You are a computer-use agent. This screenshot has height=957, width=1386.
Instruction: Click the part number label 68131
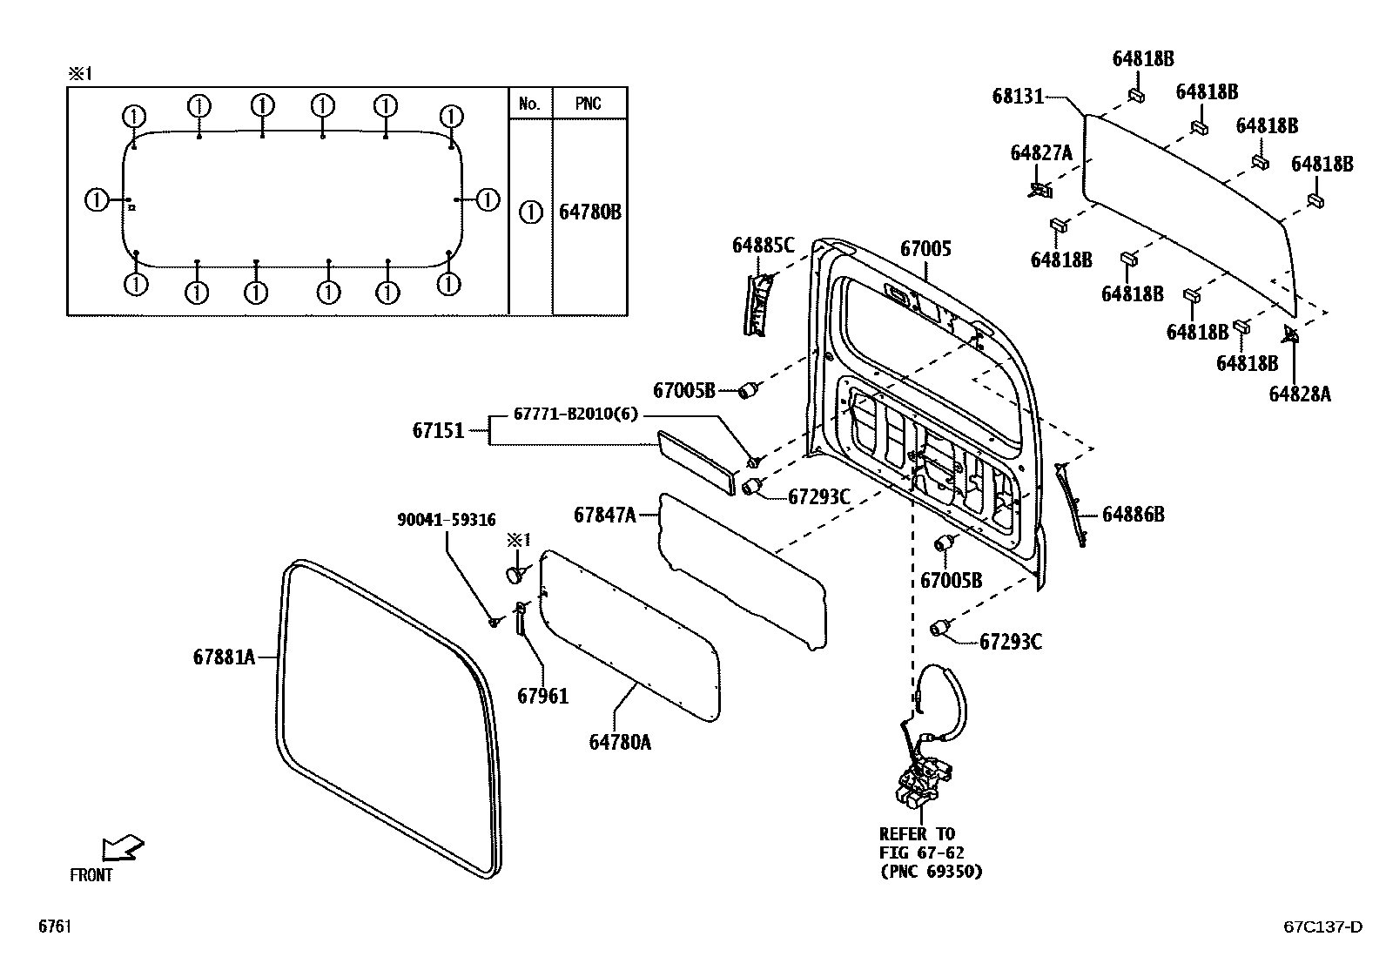coord(1017,96)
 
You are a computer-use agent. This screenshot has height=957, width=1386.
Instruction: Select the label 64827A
coord(1041,153)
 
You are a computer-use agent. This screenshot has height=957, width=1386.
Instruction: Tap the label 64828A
coord(1299,394)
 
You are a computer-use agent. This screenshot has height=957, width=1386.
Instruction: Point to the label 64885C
coord(763,246)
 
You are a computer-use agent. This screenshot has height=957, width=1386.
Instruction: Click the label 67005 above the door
coord(925,249)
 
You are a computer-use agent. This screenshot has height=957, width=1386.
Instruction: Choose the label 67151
coord(438,430)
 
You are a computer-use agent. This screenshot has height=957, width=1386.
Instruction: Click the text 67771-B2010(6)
coord(575,414)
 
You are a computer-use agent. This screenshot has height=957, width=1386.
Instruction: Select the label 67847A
coord(604,515)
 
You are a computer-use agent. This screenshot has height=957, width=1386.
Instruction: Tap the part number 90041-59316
coord(446,520)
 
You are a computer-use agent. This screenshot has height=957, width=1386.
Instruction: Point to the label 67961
coord(542,696)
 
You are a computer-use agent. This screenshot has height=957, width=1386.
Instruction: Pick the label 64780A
coord(620,742)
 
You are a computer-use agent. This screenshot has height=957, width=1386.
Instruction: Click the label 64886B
coord(1133,514)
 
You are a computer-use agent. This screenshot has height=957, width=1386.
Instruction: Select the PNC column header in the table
coord(589,104)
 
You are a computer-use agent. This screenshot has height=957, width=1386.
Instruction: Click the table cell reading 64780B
coord(589,212)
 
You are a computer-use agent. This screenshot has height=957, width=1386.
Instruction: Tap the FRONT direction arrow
coord(121,848)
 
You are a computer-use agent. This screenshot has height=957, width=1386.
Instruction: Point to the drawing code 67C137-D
coord(1322,927)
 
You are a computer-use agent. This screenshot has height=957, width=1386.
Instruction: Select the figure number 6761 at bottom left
coord(53,927)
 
